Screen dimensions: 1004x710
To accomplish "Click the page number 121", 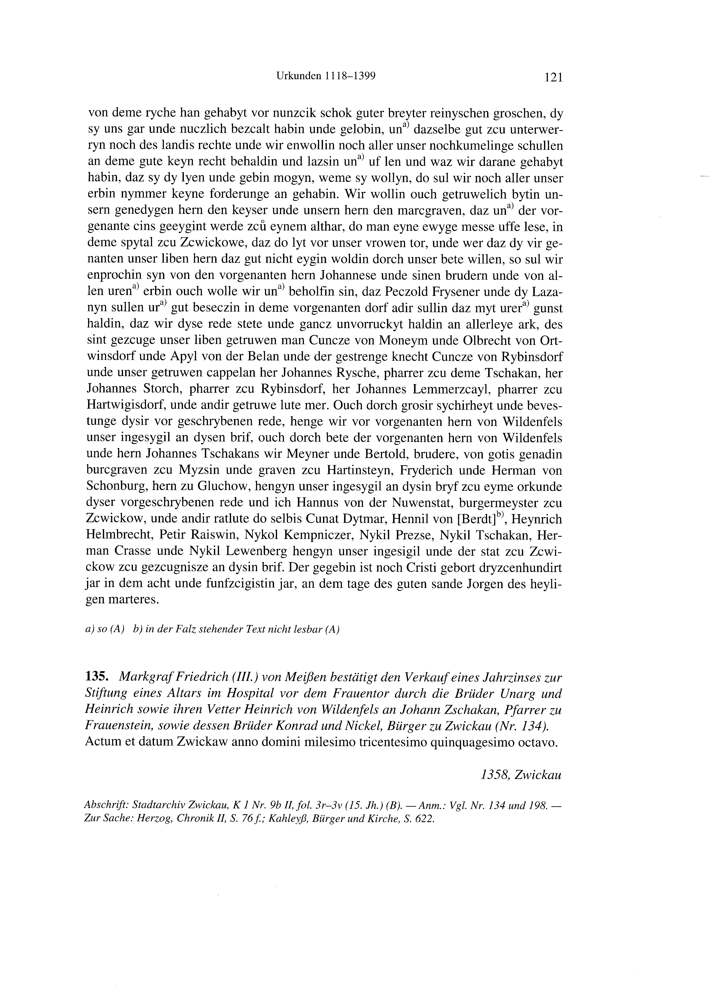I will (553, 78).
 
